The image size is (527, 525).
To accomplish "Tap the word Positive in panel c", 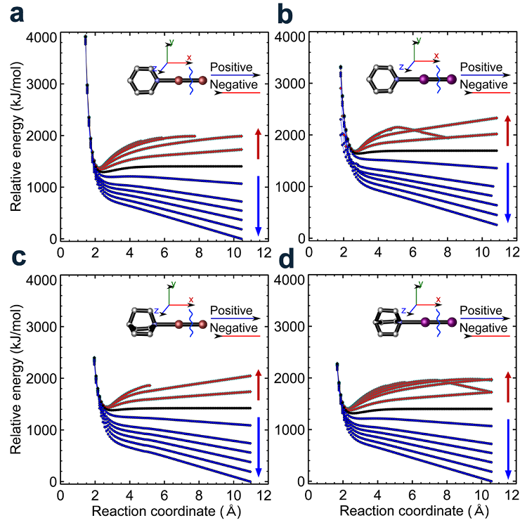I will coord(233,311).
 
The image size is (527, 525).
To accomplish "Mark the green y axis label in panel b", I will coord(419,39).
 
